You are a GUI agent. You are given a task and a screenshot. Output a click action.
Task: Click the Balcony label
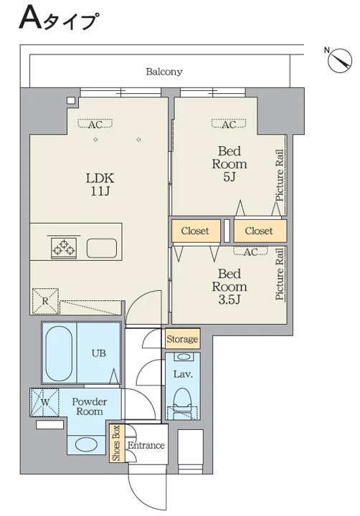[x=164, y=72]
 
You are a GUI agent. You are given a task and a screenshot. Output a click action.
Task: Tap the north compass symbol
[x=340, y=60]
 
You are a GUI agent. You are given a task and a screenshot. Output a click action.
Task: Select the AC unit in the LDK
[x=95, y=124]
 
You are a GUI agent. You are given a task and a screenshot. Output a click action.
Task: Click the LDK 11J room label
[x=100, y=184]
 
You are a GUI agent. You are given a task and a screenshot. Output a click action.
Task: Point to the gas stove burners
[x=64, y=247]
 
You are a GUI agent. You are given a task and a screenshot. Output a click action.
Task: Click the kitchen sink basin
[x=102, y=248]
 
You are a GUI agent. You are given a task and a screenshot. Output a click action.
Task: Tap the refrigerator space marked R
[x=45, y=301]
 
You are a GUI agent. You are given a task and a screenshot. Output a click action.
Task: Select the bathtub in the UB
[x=59, y=353]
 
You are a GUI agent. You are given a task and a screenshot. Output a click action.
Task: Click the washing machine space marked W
[x=44, y=403]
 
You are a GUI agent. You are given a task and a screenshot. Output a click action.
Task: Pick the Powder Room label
[x=89, y=406]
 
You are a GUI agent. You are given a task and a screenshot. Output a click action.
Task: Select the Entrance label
[x=146, y=445]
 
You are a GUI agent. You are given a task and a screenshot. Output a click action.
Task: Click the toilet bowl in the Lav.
[x=182, y=399]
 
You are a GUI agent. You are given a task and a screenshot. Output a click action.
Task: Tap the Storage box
[x=182, y=339]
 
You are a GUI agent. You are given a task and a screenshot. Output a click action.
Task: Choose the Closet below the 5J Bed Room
[x=260, y=231]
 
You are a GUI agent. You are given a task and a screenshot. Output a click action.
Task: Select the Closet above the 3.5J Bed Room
[x=196, y=231]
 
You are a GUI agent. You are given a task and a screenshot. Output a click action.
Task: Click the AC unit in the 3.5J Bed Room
[x=251, y=252]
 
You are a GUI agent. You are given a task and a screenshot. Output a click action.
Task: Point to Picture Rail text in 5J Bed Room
[x=279, y=176]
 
